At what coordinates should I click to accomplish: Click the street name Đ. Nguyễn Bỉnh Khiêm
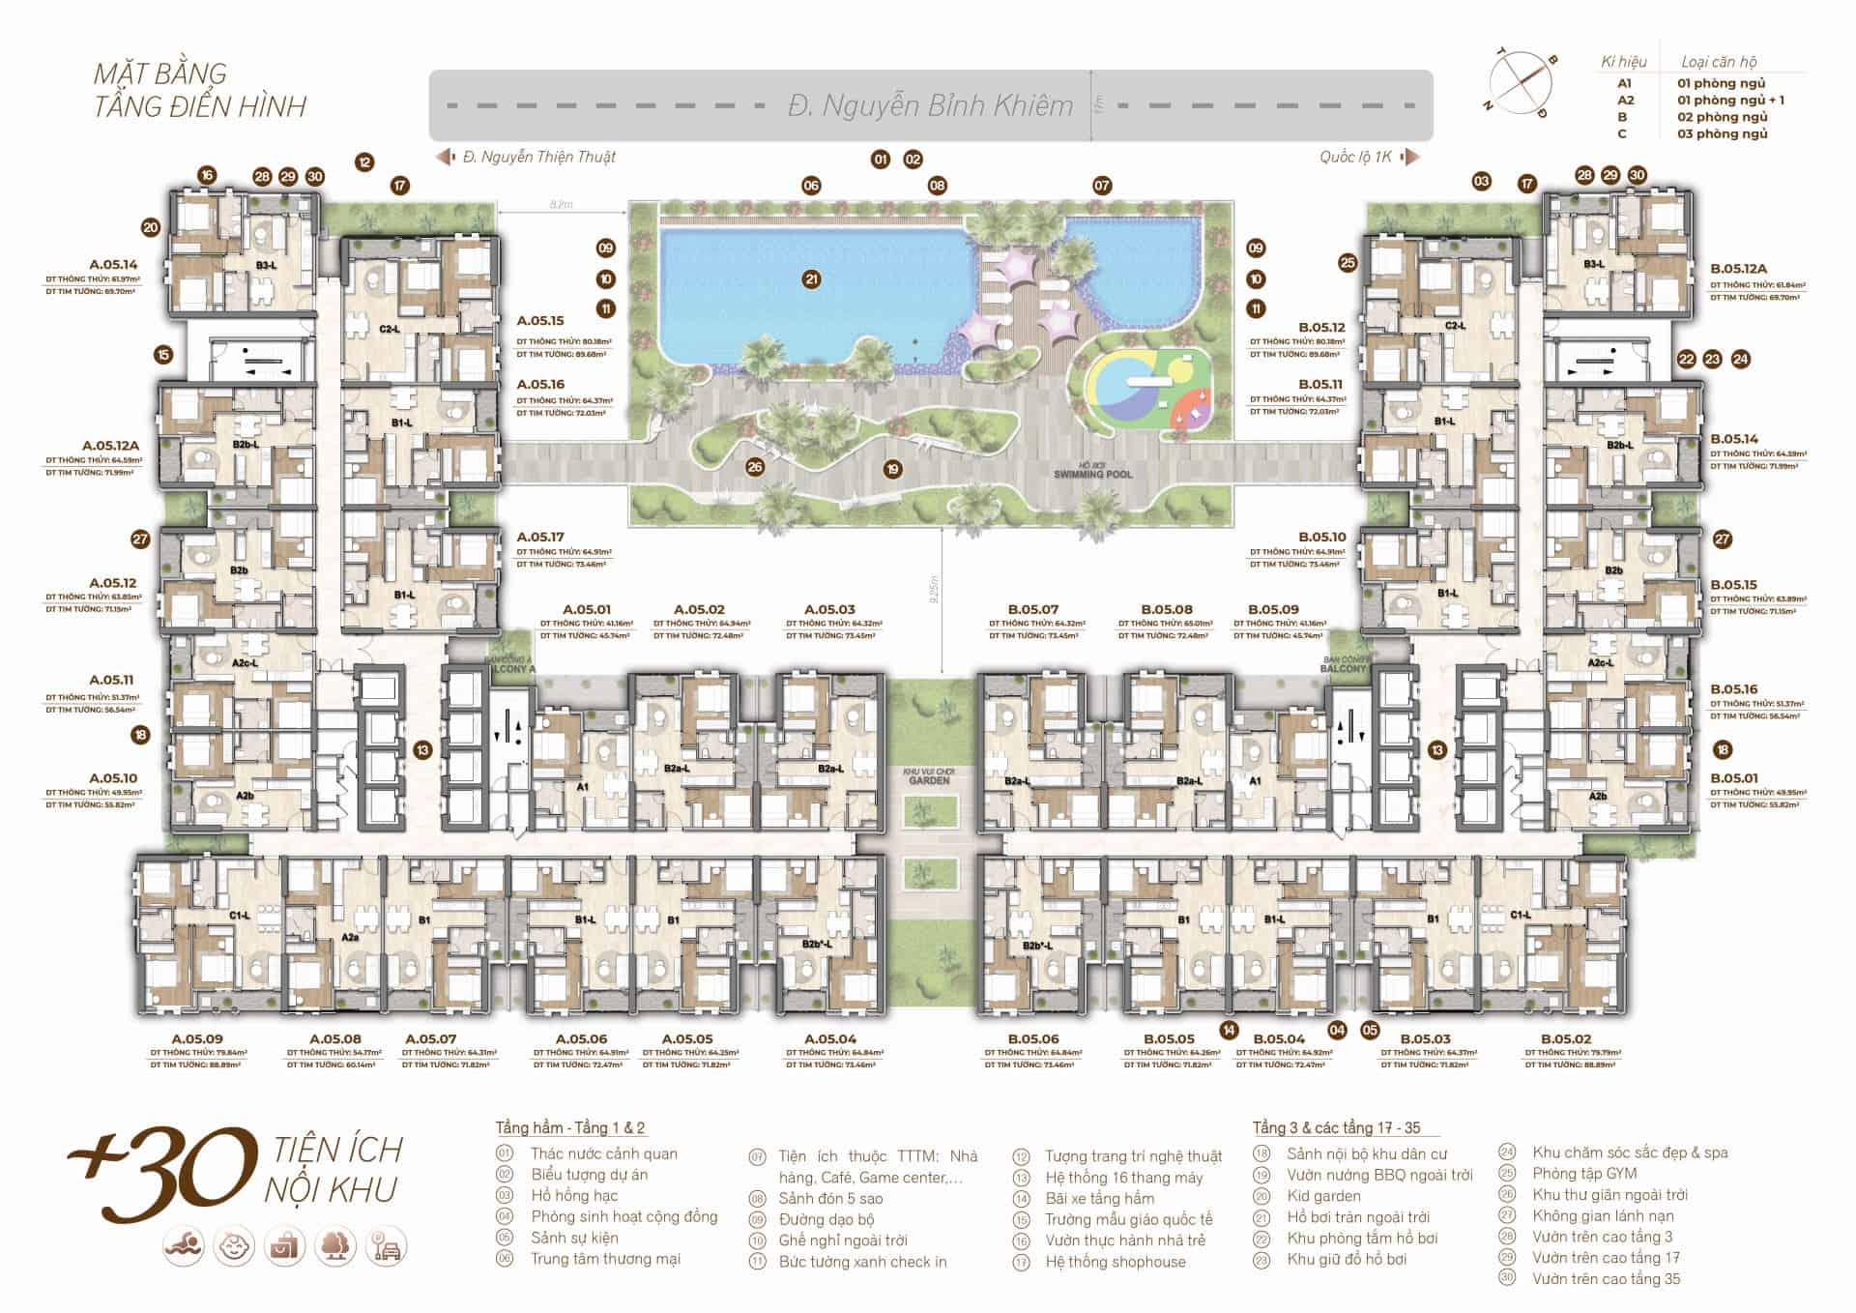tap(930, 105)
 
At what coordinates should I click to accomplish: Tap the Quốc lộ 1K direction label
tap(1355, 157)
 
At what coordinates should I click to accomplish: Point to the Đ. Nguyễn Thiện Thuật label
tap(538, 157)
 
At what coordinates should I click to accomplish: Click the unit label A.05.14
tap(113, 264)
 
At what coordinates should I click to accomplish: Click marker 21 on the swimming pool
tap(811, 279)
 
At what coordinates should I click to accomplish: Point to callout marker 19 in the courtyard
tap(892, 469)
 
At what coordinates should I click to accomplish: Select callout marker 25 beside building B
tap(1348, 262)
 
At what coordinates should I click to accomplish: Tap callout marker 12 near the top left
tap(363, 162)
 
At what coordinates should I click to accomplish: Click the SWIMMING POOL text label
tap(1092, 475)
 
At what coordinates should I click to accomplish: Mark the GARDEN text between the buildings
tap(929, 780)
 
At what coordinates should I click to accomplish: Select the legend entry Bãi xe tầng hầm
tap(1099, 1198)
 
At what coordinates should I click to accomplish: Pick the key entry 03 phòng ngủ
tap(1722, 133)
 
